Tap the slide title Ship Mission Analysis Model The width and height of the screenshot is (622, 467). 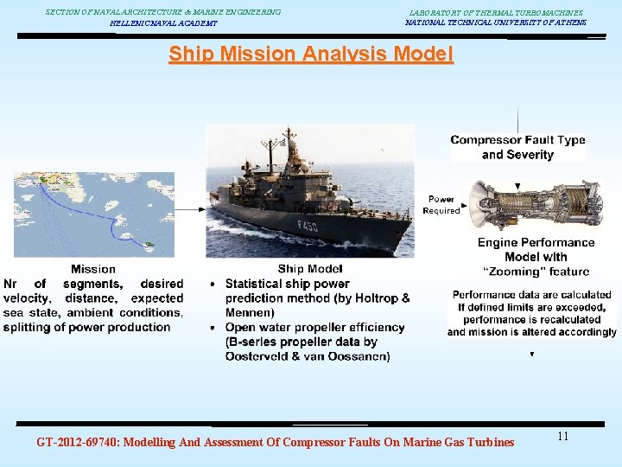coord(310,54)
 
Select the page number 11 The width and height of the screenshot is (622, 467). coord(562,437)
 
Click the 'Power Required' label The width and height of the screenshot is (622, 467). coord(441,205)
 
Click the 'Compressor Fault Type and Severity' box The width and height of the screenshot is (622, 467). coord(517,147)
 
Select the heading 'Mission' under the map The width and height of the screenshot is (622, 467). coord(92,269)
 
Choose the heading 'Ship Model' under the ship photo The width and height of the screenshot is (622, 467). coord(310,269)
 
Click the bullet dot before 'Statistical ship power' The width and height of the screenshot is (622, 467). coord(213,285)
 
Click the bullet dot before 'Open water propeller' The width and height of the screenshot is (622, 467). coord(213,329)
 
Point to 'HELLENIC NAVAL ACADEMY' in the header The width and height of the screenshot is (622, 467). coord(163,23)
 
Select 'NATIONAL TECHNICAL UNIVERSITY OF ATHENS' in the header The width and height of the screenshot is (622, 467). coord(495,22)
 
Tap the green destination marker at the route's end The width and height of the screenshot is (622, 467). coord(149,245)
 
